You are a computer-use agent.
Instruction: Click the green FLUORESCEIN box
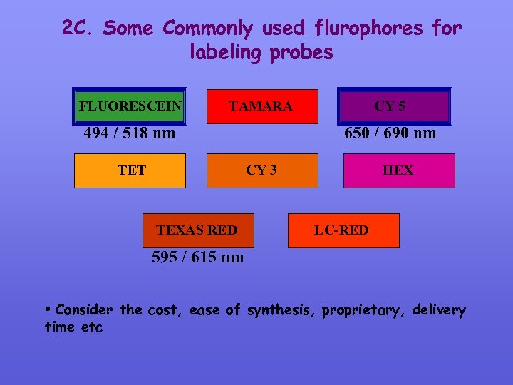(130, 106)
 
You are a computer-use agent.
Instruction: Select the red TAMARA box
(260, 106)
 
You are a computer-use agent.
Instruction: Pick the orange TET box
(130, 170)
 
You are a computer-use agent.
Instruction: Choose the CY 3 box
(261, 170)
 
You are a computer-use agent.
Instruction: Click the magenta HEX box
(398, 170)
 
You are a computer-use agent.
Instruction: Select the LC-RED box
(343, 230)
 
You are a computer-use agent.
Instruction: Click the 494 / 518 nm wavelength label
(130, 133)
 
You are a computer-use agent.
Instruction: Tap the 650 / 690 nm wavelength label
(390, 133)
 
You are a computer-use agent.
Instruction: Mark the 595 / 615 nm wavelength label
(197, 257)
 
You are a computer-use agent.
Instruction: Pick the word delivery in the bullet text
(437, 311)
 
